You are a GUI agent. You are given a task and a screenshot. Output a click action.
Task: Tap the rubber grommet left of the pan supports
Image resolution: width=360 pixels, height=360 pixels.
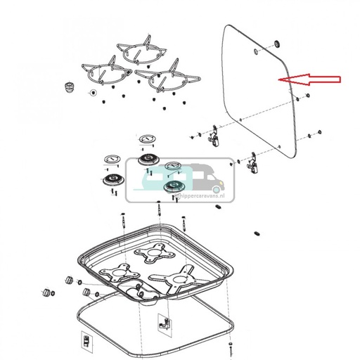pyautogui.click(x=70, y=87)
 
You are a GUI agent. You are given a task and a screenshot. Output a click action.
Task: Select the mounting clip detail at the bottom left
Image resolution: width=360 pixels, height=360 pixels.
pyautogui.click(x=86, y=340)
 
